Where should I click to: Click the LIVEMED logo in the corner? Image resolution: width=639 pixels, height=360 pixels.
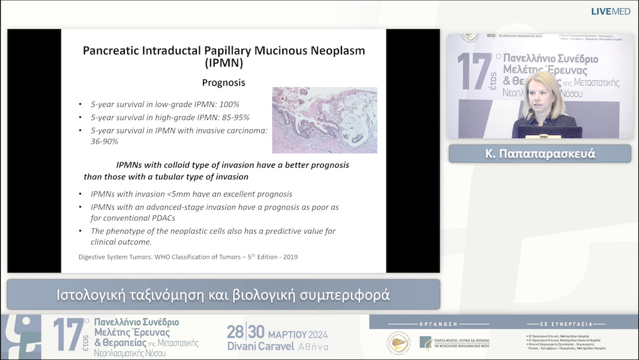pyautogui.click(x=611, y=11)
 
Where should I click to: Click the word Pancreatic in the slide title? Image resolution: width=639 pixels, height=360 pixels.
pyautogui.click(x=111, y=51)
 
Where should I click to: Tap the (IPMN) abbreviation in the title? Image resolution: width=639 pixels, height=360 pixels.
pyautogui.click(x=224, y=63)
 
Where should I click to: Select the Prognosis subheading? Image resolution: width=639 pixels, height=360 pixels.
pyautogui.click(x=224, y=83)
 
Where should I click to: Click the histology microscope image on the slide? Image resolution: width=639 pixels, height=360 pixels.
pyautogui.click(x=324, y=120)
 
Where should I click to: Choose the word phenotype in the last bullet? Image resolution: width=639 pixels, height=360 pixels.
pyautogui.click(x=130, y=231)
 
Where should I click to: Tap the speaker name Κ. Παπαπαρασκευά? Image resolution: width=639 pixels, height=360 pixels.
pyautogui.click(x=539, y=154)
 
